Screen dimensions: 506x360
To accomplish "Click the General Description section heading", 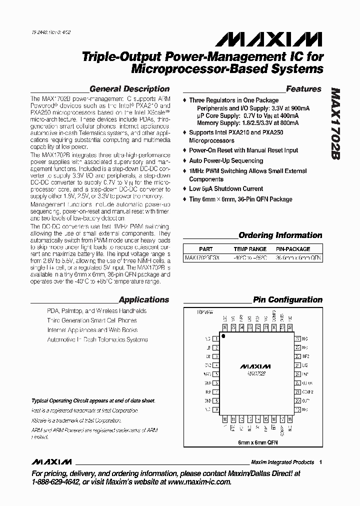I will [129, 89].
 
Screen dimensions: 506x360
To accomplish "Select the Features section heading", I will [303, 89].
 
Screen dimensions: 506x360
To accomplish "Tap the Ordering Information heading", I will [280, 235].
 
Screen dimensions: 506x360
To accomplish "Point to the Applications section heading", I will [143, 300].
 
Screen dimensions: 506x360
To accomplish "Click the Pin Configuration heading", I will [287, 300].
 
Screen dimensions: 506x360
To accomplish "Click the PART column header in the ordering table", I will [205, 249].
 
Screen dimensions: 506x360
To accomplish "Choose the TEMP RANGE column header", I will [250, 249].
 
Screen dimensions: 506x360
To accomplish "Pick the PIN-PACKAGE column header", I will [293, 249].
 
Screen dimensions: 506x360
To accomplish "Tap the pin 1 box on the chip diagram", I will [216, 338].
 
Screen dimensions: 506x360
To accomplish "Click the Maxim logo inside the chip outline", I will [256, 366].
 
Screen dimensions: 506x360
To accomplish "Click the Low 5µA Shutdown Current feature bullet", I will [225, 189].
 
